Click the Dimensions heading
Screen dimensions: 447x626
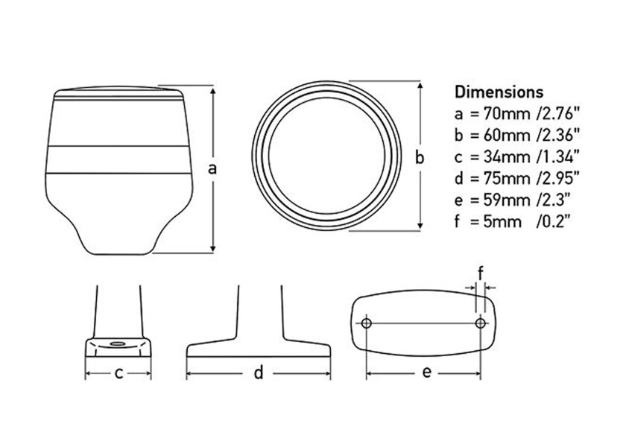point(499,92)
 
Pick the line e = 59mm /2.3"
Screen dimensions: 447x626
point(513,200)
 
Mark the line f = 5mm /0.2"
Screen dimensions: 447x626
point(513,221)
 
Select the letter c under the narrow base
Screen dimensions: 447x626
point(118,374)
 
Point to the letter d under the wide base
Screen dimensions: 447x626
point(258,374)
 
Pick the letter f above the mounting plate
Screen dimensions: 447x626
point(481,271)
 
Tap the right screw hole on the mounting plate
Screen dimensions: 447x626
point(481,323)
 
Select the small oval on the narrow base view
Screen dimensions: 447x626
point(118,344)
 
